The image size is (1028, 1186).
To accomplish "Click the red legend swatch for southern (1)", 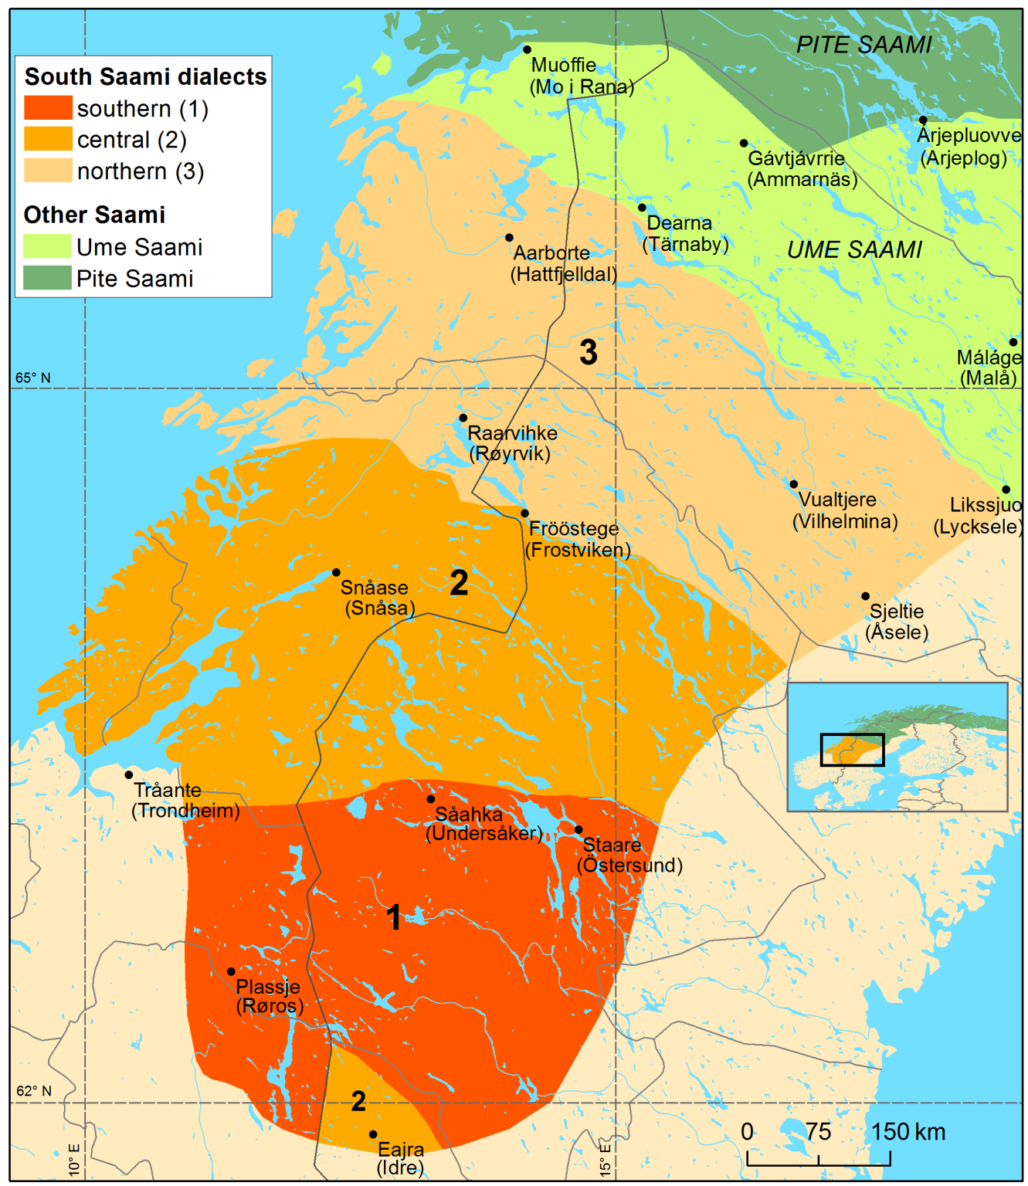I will point(48,108).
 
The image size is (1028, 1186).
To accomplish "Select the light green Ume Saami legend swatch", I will point(47,246).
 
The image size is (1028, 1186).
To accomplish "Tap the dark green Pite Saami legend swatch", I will point(47,278).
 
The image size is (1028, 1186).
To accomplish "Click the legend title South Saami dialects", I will point(145,76).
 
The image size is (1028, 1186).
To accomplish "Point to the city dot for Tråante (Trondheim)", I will point(129,774).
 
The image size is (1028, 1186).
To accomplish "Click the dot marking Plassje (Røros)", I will point(231,971).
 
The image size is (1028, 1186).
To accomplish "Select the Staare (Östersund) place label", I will point(629,855).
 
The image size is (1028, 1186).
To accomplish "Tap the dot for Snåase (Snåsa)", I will point(336,572).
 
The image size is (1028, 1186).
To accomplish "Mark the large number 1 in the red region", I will point(394,917).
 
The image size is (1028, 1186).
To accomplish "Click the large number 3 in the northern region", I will point(589,352).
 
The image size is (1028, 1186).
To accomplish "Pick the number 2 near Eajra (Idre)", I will point(358,1101).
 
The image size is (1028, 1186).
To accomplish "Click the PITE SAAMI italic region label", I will point(863,46).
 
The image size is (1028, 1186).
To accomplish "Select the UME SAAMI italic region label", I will point(854,250).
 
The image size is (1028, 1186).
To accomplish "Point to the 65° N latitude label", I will point(33,378).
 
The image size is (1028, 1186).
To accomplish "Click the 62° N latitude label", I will point(34,1091).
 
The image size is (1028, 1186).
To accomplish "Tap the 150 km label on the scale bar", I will point(908,1132).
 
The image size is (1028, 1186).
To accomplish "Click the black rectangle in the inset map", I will point(852,749).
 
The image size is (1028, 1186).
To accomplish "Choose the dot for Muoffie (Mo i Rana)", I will point(527,49).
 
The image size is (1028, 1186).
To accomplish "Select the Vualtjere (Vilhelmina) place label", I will point(845,510).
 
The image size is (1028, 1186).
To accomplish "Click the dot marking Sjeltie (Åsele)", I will point(865,596).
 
